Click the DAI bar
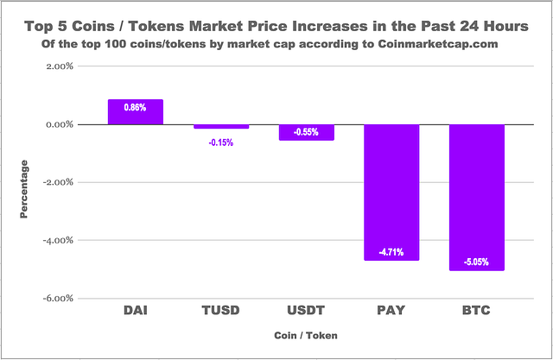(x=135, y=112)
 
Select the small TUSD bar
(x=220, y=127)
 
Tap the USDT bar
(x=306, y=132)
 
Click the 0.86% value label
(x=135, y=108)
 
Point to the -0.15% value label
(x=220, y=142)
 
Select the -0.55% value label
(x=306, y=132)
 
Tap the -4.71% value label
(x=391, y=252)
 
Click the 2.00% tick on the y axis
(x=57, y=66)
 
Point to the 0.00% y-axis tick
(x=57, y=124)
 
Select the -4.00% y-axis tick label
(x=56, y=241)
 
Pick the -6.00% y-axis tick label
(x=56, y=299)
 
